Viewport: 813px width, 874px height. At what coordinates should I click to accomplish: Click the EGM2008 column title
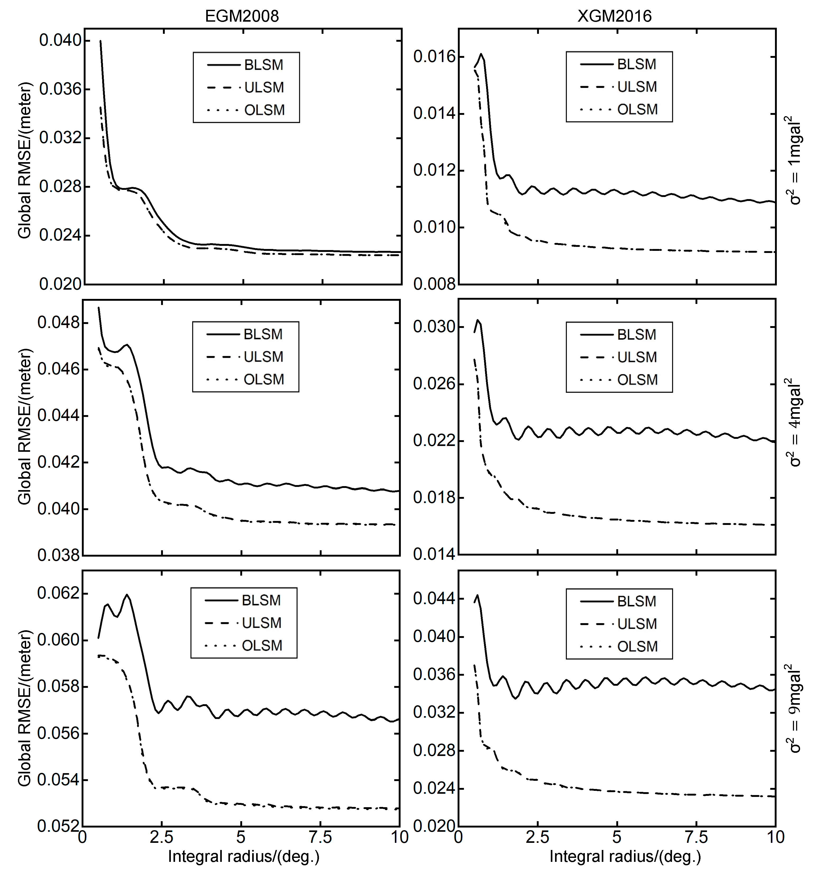click(242, 16)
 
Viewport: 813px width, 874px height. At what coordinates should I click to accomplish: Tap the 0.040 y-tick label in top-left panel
click(60, 40)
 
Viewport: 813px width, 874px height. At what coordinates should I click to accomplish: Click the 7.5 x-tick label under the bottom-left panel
click(320, 838)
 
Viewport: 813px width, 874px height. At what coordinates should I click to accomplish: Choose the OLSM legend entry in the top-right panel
click(637, 110)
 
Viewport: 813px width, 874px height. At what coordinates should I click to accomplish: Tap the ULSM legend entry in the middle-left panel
click(263, 356)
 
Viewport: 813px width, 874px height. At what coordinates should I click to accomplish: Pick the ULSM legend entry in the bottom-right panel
click(637, 624)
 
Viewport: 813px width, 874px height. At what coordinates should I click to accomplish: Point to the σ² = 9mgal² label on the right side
click(795, 708)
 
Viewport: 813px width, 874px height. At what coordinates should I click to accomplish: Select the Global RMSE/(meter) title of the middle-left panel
click(25, 426)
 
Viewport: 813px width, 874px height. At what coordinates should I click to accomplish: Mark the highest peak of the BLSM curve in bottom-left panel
click(127, 595)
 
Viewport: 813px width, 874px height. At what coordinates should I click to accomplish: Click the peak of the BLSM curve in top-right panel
click(481, 54)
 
